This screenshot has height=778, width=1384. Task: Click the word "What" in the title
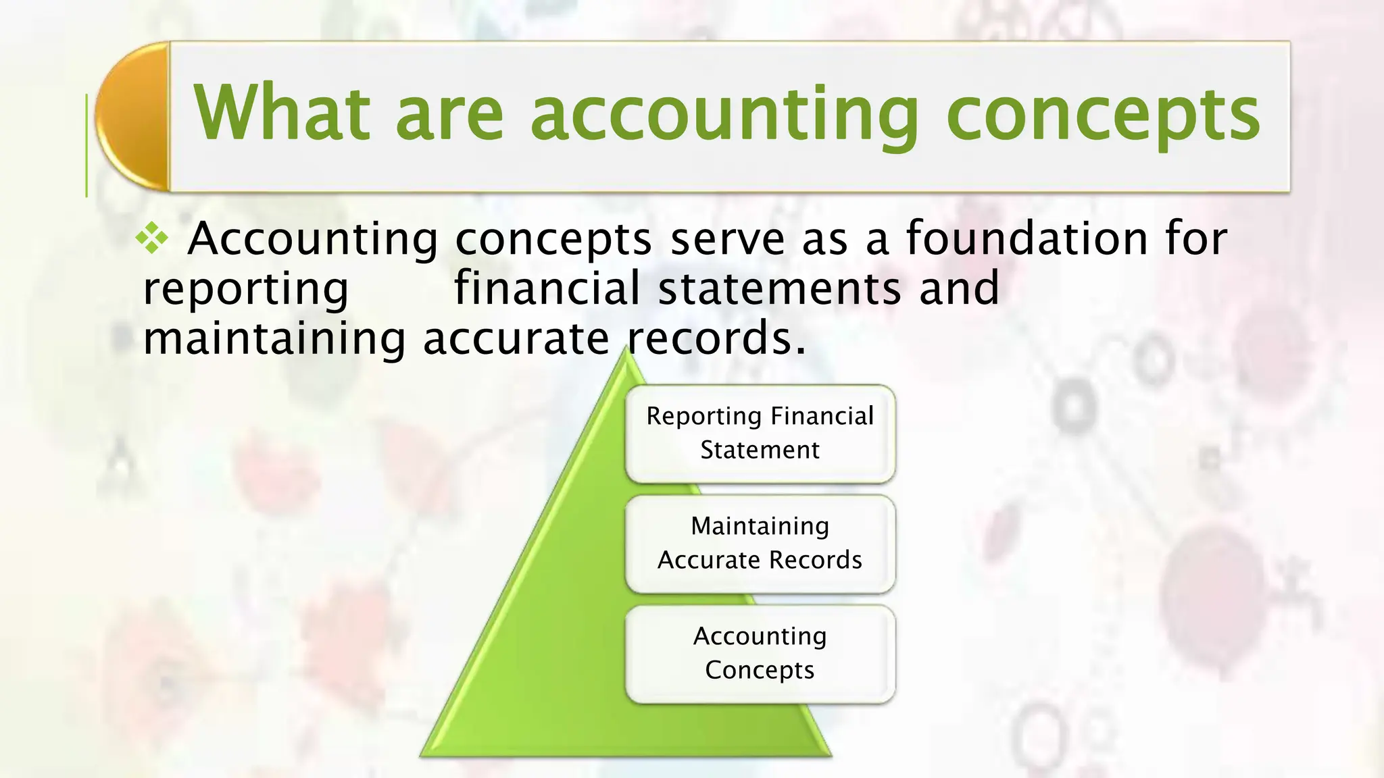coord(282,113)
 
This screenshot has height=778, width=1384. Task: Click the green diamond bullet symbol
coord(152,239)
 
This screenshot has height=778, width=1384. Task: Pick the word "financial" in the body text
coord(546,288)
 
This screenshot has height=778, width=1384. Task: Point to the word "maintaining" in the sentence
coord(274,338)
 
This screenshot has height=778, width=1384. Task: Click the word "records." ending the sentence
coord(716,338)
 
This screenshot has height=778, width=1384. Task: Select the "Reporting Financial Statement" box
coord(760,433)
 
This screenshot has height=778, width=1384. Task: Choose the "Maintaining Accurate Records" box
coord(760,543)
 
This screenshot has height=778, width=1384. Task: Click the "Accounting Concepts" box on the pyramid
coord(760,653)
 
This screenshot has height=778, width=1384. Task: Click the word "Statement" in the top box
coord(760,450)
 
